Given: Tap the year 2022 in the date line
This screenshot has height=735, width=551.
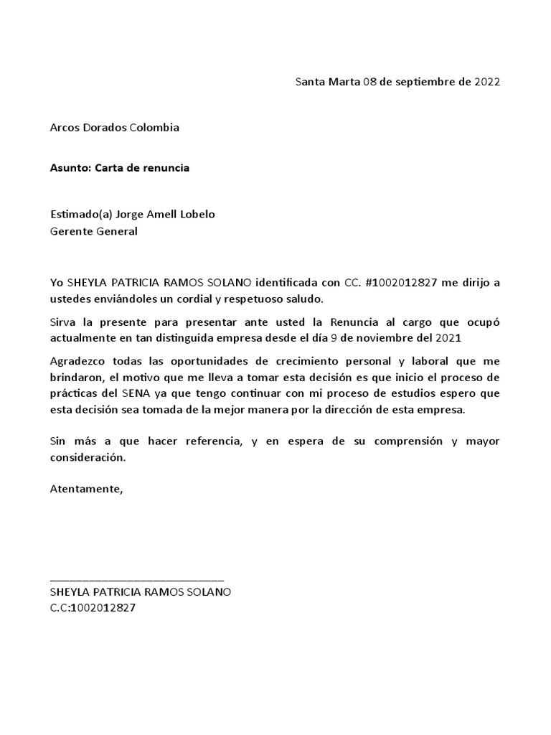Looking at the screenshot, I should click(487, 81).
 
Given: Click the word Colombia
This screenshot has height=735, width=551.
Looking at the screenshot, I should click(154, 128).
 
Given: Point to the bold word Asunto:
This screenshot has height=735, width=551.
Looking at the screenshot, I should click(70, 168).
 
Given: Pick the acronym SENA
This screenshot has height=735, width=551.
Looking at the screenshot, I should click(148, 393).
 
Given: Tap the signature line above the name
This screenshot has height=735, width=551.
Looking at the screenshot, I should click(137, 579).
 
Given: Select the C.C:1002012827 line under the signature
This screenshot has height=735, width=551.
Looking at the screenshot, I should click(93, 608).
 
